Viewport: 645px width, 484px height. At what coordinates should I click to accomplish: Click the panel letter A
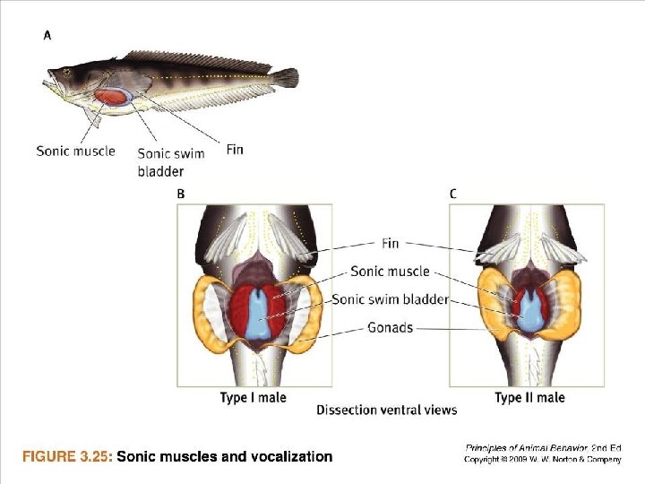tap(47, 35)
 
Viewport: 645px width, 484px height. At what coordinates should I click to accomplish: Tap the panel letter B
tap(181, 194)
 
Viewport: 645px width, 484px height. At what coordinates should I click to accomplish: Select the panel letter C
tap(452, 194)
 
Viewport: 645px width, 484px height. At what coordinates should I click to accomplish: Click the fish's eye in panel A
tap(66, 73)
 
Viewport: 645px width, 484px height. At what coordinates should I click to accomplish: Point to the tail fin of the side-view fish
tap(286, 78)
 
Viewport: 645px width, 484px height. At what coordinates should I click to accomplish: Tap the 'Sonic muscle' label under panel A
tap(75, 151)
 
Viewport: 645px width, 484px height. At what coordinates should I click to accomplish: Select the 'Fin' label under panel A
tap(235, 149)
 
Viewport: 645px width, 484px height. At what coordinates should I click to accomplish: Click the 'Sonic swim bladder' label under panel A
tap(170, 161)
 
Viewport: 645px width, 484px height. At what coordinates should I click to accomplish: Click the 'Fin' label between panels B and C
tap(391, 243)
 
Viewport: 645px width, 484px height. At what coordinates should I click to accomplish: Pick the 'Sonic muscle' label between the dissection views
tap(390, 271)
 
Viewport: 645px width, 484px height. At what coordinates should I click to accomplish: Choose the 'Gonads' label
tap(391, 327)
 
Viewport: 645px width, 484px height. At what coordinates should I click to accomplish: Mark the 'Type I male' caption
tap(253, 397)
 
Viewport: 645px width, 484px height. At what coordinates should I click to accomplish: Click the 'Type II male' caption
tap(529, 397)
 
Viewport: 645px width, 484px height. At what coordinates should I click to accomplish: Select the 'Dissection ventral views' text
tap(386, 411)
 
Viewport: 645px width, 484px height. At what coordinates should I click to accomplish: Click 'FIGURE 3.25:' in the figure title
tap(67, 457)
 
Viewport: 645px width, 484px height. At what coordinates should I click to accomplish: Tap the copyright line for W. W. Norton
tap(543, 460)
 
